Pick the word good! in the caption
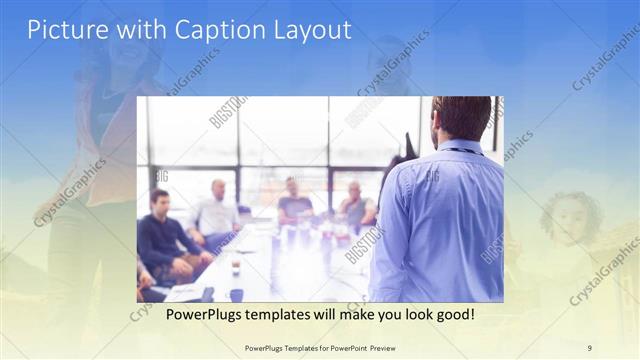coord(452,315)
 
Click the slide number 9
coord(589,347)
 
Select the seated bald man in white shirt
coord(216,212)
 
